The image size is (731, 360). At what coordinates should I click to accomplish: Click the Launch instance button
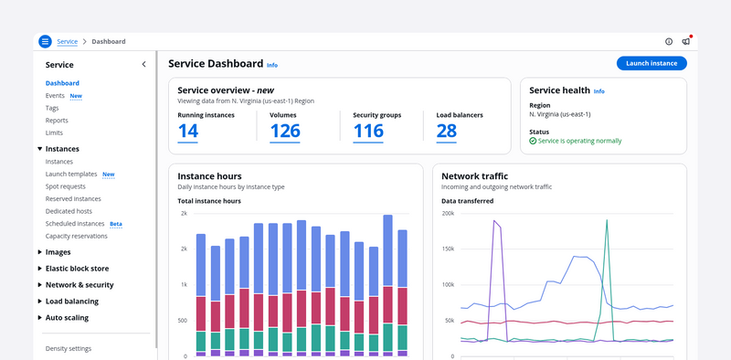click(x=652, y=63)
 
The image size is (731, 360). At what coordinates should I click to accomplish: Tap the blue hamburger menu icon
click(x=45, y=41)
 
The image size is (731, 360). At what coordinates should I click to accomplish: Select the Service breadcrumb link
click(x=67, y=41)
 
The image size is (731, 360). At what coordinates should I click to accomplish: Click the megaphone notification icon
click(x=686, y=41)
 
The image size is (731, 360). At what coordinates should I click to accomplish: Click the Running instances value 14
click(x=188, y=131)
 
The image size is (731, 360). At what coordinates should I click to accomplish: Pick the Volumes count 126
click(x=285, y=131)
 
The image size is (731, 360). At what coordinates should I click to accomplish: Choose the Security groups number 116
click(x=368, y=131)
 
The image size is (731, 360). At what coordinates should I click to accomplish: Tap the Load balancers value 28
click(x=447, y=131)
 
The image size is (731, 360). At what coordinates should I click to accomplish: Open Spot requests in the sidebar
click(x=65, y=186)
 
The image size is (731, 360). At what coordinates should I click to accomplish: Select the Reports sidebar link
click(x=57, y=121)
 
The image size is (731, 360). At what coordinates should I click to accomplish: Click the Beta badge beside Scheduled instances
click(x=116, y=224)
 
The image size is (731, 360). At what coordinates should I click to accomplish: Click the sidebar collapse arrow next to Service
click(x=143, y=64)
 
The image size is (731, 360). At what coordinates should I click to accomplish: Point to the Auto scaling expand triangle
click(x=39, y=318)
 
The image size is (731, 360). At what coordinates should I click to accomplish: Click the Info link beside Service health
click(x=599, y=91)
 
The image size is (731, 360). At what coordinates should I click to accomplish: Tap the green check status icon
click(x=533, y=141)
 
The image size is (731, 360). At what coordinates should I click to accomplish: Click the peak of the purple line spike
click(x=494, y=220)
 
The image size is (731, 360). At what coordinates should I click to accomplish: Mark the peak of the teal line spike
click(x=607, y=220)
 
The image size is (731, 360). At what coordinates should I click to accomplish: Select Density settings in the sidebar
click(x=69, y=348)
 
